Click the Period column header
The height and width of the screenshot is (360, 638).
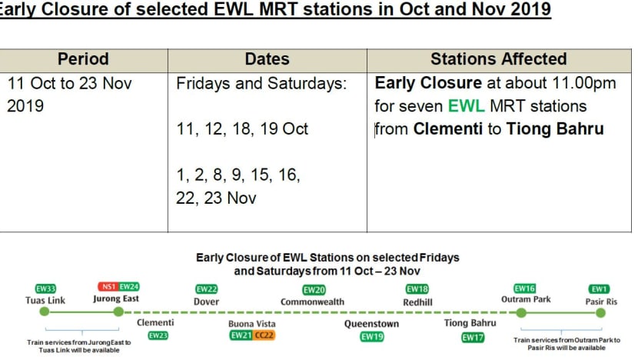pyautogui.click(x=83, y=59)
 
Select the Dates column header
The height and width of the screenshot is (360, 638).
pyautogui.click(x=267, y=59)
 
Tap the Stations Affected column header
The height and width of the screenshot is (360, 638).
pyautogui.click(x=498, y=59)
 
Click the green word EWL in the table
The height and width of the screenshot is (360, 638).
pyautogui.click(x=467, y=106)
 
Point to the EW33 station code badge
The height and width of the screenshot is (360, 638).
pyautogui.click(x=45, y=288)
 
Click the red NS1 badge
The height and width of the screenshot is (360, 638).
pyautogui.click(x=108, y=287)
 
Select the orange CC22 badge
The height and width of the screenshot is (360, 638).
pyautogui.click(x=264, y=335)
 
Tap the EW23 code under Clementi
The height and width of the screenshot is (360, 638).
pyautogui.click(x=158, y=335)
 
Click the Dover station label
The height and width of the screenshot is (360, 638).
pyautogui.click(x=206, y=302)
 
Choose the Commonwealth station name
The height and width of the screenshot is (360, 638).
pyautogui.click(x=312, y=302)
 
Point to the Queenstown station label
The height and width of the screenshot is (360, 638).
pyautogui.click(x=371, y=324)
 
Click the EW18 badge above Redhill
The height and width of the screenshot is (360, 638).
pyautogui.click(x=417, y=288)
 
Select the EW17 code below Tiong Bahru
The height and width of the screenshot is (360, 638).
pyautogui.click(x=473, y=338)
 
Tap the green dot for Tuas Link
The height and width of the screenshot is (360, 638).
pyautogui.click(x=45, y=312)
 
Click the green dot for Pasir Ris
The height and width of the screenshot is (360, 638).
pyautogui.click(x=600, y=313)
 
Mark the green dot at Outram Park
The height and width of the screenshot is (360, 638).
pyautogui.click(x=521, y=313)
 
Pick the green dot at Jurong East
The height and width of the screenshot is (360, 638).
pyautogui.click(x=118, y=312)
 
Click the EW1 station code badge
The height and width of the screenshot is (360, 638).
pyautogui.click(x=599, y=289)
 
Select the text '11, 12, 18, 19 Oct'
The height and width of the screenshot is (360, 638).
pyautogui.click(x=242, y=128)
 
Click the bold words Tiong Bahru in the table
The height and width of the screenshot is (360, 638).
pyautogui.click(x=555, y=129)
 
